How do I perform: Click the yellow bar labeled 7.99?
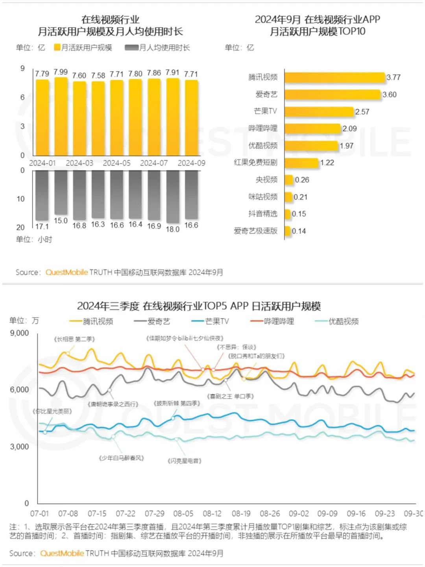tap(61, 117)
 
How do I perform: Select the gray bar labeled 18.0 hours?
tap(173, 197)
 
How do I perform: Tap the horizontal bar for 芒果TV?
tap(319, 112)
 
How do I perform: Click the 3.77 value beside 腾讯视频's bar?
tap(394, 78)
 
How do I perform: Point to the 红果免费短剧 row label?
tap(256, 163)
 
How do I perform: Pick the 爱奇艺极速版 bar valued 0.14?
tap(288, 231)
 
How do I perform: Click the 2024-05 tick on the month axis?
tap(116, 163)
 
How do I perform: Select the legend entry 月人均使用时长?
tap(157, 48)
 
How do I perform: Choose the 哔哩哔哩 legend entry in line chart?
tap(272, 321)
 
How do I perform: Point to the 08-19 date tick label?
tap(241, 513)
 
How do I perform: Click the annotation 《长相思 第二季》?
tap(74, 339)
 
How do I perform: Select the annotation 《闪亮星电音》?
tap(185, 461)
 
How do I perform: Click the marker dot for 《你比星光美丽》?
tap(45, 432)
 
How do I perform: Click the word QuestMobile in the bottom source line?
tap(62, 553)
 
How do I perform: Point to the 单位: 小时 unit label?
tap(34, 239)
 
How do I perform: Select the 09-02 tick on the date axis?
tap(299, 513)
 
